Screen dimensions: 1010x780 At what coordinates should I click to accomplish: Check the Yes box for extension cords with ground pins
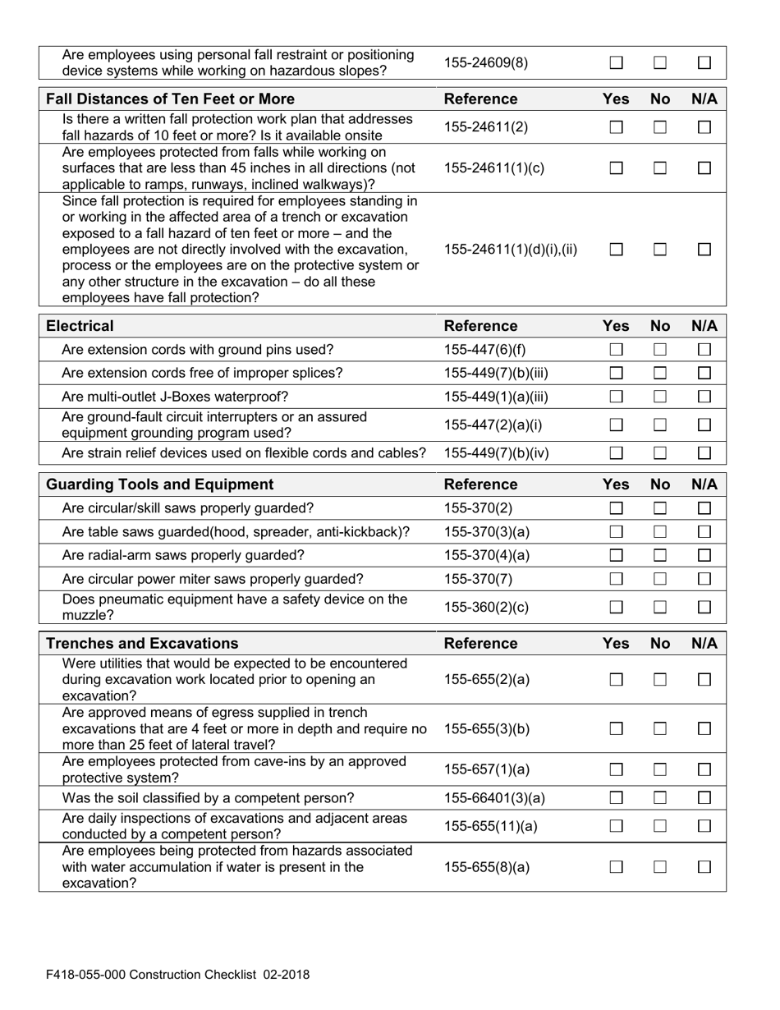tap(617, 350)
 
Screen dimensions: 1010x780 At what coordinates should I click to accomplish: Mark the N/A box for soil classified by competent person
tap(704, 798)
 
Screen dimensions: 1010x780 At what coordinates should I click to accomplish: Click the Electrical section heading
tap(80, 326)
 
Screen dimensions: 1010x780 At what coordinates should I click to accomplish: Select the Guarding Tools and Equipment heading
tap(159, 484)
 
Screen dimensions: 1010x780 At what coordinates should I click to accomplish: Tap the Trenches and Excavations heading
tap(142, 643)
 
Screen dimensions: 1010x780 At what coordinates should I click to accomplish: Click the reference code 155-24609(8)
tap(486, 62)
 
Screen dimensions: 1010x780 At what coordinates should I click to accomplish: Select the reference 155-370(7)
tap(478, 579)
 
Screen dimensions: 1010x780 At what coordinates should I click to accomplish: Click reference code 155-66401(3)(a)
tap(494, 798)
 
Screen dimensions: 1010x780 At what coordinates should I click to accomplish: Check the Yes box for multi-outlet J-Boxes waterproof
tap(617, 397)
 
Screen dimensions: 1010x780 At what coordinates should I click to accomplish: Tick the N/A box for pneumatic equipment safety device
tap(704, 608)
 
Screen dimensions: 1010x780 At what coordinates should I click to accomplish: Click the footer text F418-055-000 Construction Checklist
tap(177, 975)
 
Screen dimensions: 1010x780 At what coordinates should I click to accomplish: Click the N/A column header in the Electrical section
tap(704, 326)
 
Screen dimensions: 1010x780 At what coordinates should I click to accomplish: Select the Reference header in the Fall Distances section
tap(480, 99)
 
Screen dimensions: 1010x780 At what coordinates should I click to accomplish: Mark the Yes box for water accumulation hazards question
tap(617, 867)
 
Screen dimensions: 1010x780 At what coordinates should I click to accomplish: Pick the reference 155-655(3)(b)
tap(486, 728)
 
